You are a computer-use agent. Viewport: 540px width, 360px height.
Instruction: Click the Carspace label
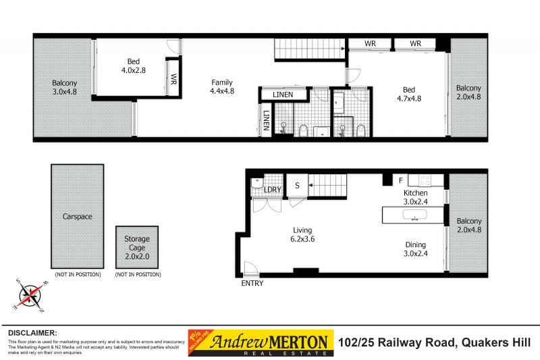pyautogui.click(x=76, y=217)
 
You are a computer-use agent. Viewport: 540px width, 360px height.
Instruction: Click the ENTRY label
pyautogui.click(x=252, y=283)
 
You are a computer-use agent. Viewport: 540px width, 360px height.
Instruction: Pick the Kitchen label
pyautogui.click(x=416, y=192)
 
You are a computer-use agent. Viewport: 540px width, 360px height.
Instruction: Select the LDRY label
pyautogui.click(x=272, y=190)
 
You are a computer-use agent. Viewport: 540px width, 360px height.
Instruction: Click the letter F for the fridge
pyautogui.click(x=401, y=180)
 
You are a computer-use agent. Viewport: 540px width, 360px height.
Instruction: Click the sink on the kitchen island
pyautogui.click(x=412, y=215)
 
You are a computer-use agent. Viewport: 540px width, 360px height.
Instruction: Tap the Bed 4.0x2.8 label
pyautogui.click(x=134, y=64)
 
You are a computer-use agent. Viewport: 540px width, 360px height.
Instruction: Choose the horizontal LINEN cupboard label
pyautogui.click(x=282, y=95)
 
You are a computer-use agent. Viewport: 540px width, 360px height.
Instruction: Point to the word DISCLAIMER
pyautogui.click(x=32, y=333)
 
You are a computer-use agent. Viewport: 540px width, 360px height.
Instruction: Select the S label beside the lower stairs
pyautogui.click(x=296, y=185)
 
